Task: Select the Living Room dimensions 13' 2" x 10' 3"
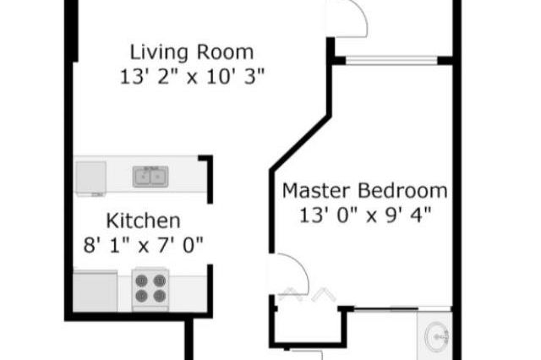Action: tap(193, 75)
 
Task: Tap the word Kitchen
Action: tap(143, 221)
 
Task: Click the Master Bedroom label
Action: tap(364, 189)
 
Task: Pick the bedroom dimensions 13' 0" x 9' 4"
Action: tap(365, 215)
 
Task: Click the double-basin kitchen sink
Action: tap(150, 177)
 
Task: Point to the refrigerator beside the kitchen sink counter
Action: tap(90, 177)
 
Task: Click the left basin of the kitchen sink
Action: tap(143, 177)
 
